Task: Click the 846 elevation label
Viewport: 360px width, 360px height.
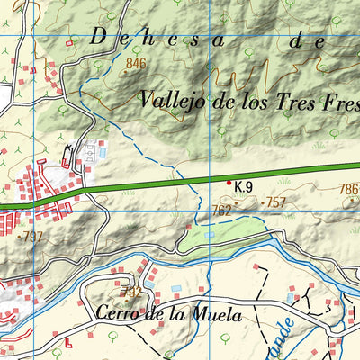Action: (x=136, y=63)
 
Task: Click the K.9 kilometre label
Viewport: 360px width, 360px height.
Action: (x=243, y=187)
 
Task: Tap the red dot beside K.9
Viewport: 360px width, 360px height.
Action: (x=229, y=184)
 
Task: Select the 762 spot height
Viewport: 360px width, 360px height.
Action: (x=222, y=211)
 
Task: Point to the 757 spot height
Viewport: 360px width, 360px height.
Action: (x=274, y=203)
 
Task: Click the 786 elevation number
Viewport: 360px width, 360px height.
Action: (x=348, y=190)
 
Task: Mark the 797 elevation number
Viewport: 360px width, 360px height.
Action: (x=32, y=237)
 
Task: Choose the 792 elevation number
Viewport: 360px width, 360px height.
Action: (x=130, y=293)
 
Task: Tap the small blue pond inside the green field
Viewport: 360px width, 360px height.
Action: (x=210, y=235)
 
